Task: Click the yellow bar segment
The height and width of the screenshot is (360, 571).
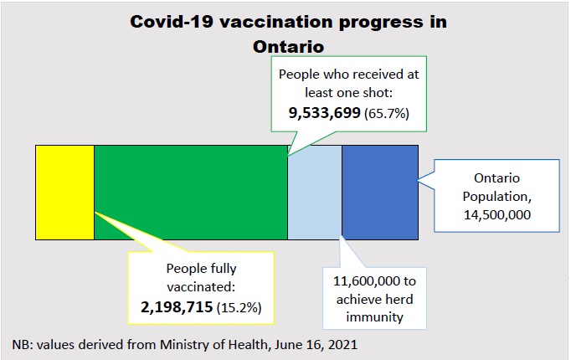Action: (x=64, y=192)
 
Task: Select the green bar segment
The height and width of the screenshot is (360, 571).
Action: (x=190, y=192)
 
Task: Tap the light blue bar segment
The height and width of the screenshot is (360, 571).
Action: (x=314, y=192)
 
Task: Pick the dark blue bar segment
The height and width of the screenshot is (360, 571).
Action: (x=379, y=192)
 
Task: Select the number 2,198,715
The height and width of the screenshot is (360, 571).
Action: (x=177, y=307)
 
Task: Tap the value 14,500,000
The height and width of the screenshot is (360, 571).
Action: (x=496, y=216)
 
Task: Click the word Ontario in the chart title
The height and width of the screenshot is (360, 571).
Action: (x=289, y=47)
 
